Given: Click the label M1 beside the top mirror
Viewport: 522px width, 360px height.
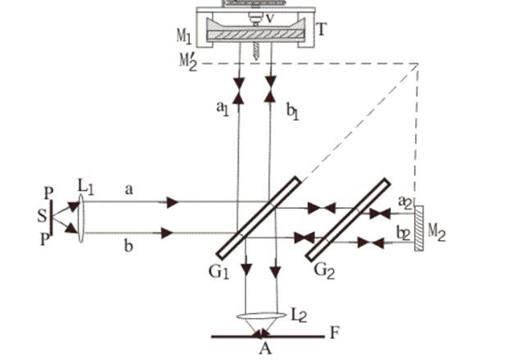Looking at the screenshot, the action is coord(184,36).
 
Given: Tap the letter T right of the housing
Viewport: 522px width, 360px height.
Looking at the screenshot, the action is coord(321,30).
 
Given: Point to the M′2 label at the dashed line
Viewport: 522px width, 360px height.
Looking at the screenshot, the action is coord(188,63).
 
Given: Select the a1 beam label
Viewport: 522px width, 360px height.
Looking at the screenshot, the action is coord(223,109).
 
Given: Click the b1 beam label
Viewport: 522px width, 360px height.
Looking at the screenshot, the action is coord(292,111).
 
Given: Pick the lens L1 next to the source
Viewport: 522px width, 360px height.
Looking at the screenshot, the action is coord(81,218).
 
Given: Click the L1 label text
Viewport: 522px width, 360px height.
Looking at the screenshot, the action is coord(85,187).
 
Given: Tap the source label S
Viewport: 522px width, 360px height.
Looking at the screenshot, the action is coord(43,216).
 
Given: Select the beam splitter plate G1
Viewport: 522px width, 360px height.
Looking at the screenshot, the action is coord(258,217).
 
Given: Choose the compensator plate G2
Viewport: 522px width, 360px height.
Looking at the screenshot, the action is coord(347,220).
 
